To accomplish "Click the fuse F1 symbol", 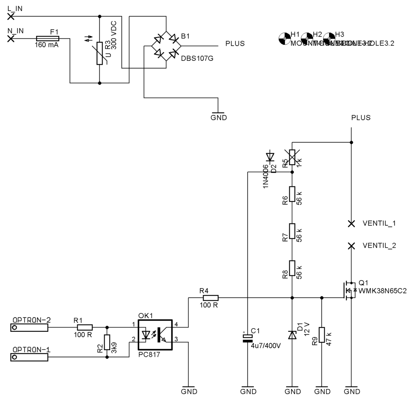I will pyautogui.click(x=47, y=38).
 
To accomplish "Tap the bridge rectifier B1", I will pyautogui.click(x=165, y=46).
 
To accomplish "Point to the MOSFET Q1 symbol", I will pyautogui.click(x=348, y=290).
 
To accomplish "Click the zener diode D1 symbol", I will pyautogui.click(x=293, y=334).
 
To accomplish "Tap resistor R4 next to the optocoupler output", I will pyautogui.click(x=210, y=298).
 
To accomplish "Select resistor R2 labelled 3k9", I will pyautogui.click(x=107, y=342).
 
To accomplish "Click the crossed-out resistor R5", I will pyautogui.click(x=293, y=157).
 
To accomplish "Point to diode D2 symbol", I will pyautogui.click(x=270, y=157).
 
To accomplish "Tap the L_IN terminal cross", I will pyautogui.click(x=11, y=16).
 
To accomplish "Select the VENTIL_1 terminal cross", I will pyautogui.click(x=351, y=223).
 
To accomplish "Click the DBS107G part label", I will pyautogui.click(x=197, y=58).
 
